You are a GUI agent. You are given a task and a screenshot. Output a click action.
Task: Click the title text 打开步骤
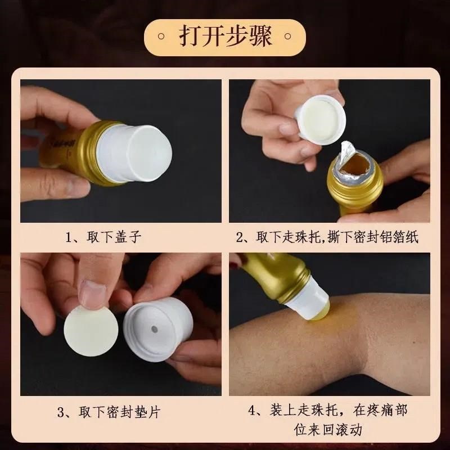[x=225, y=36]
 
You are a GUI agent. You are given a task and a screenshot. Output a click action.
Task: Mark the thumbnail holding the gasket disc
[x=93, y=294]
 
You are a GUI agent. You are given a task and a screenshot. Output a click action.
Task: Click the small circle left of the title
[x=162, y=37]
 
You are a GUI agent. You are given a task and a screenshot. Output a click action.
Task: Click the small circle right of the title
[x=289, y=37]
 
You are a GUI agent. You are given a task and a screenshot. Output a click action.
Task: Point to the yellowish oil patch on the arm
[x=332, y=323]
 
